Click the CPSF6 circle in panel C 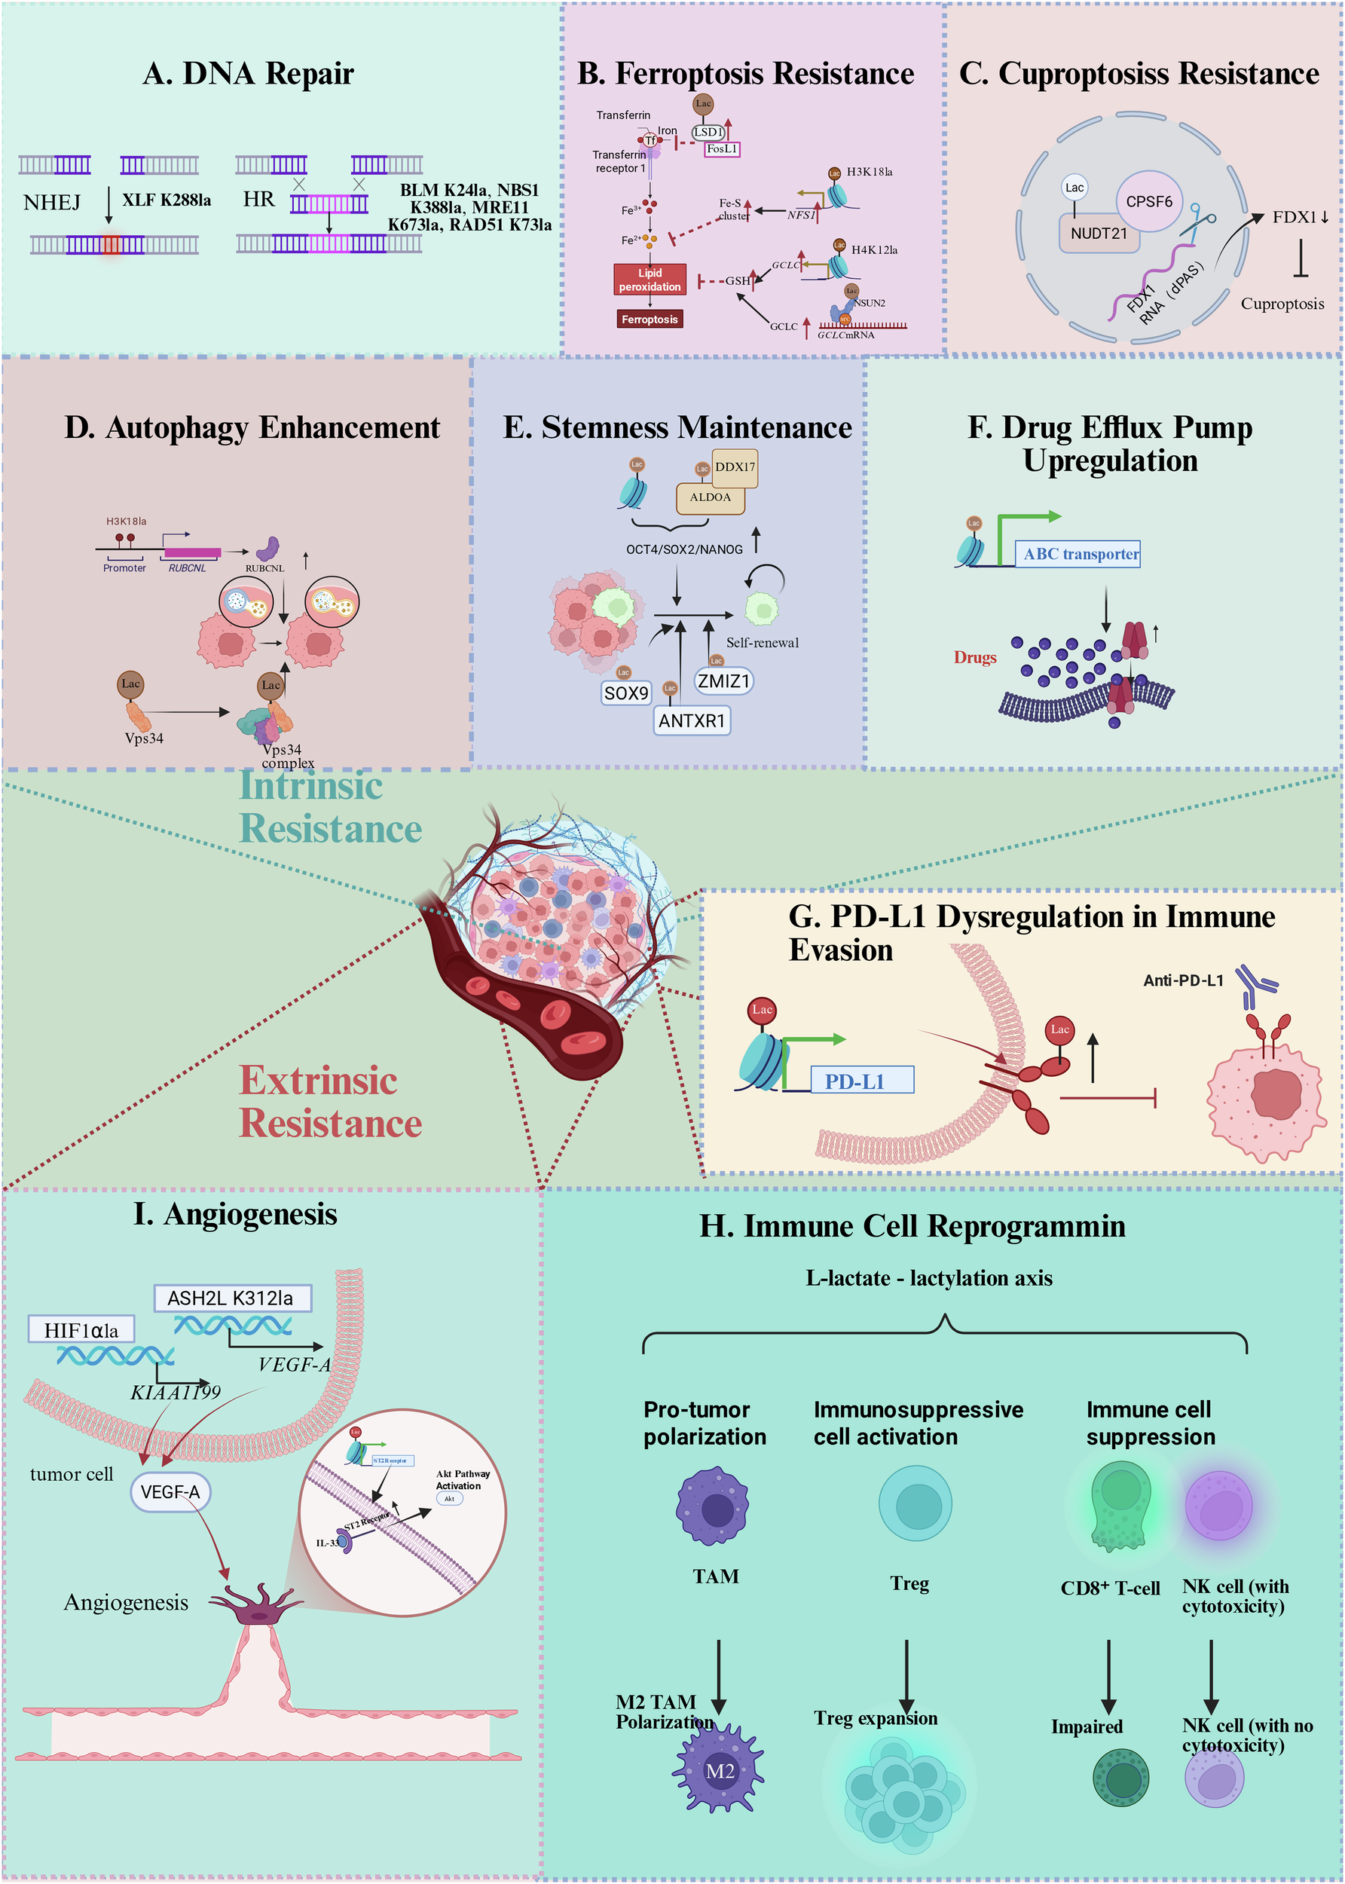click(1149, 201)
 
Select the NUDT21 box click(1098, 234)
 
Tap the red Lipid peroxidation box click(650, 280)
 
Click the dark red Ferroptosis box click(650, 319)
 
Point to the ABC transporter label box click(1080, 554)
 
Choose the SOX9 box click(626, 693)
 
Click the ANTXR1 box click(692, 720)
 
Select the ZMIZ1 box click(723, 681)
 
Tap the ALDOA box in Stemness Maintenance click(710, 497)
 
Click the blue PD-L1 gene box click(860, 1081)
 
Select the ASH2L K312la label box click(231, 1298)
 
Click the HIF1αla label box click(81, 1330)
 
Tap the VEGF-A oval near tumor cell click(170, 1491)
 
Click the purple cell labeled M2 click(718, 1769)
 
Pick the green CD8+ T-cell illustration click(1120, 1504)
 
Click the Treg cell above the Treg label click(914, 1503)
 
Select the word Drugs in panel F click(975, 658)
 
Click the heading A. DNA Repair click(248, 74)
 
